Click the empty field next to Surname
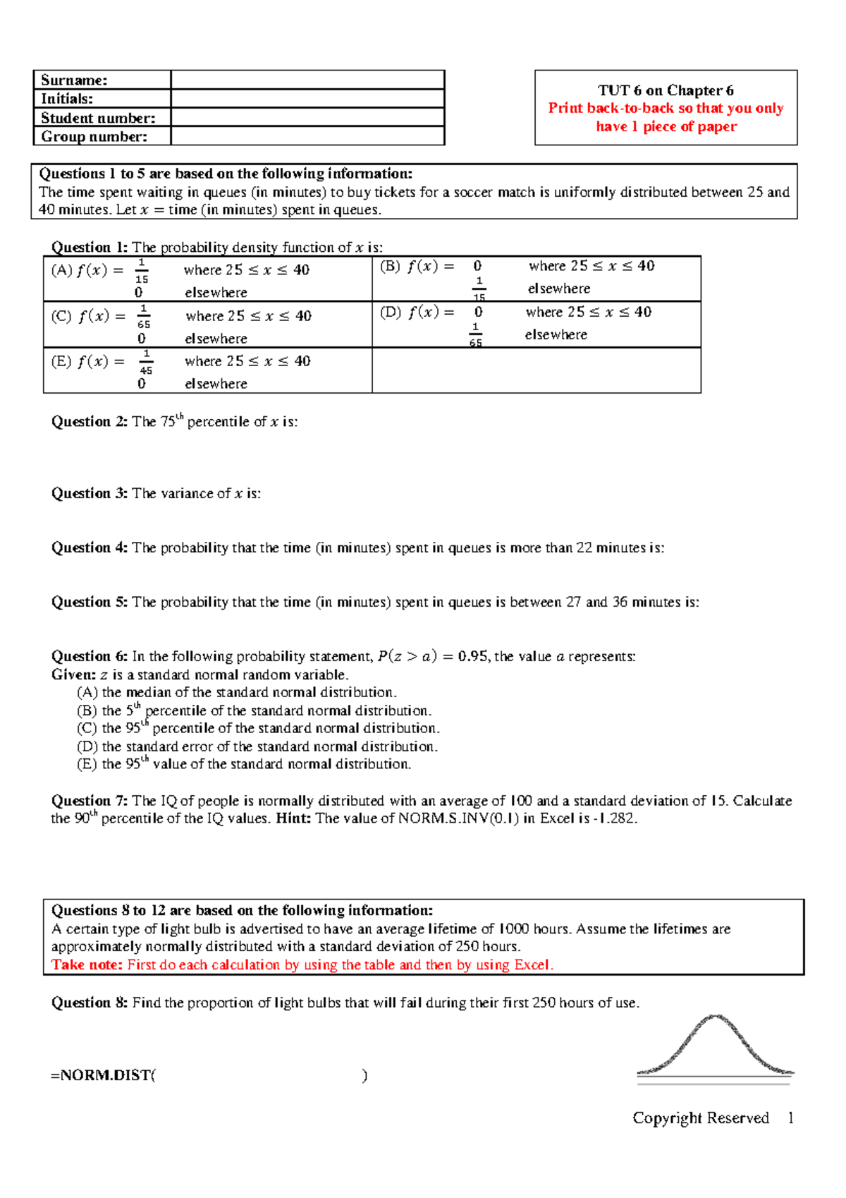(307, 80)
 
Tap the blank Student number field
(307, 118)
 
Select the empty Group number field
(307, 136)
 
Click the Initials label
(67, 99)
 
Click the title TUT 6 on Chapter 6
(666, 90)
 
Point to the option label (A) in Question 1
(61, 270)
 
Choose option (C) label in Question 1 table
(61, 316)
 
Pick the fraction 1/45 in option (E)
(146, 362)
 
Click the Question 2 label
(90, 422)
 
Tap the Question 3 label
(90, 494)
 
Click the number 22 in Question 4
(584, 548)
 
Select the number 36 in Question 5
(620, 603)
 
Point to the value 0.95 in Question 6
(472, 657)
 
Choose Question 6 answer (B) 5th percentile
(254, 711)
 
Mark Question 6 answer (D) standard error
(257, 746)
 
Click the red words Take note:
(87, 965)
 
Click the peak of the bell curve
(715, 1017)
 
